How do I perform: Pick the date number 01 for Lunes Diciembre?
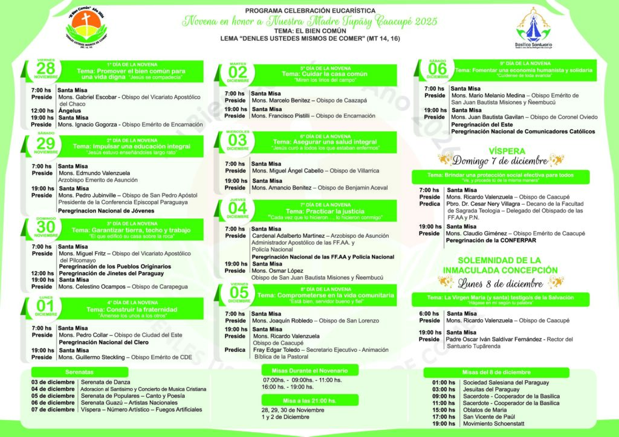point(46,306)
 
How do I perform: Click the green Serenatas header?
point(79,372)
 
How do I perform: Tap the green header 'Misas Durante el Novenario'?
point(310,369)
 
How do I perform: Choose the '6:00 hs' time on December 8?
point(430,313)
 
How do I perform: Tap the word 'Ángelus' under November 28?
point(70,110)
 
